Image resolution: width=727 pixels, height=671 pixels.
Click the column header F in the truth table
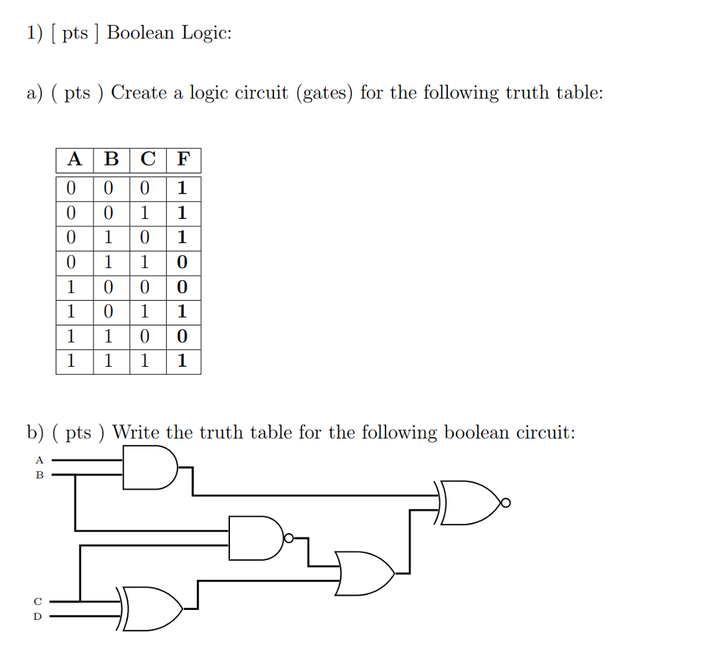[x=183, y=159]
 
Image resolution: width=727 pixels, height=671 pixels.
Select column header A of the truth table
[x=74, y=159]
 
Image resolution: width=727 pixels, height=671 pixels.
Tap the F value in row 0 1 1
[x=183, y=263]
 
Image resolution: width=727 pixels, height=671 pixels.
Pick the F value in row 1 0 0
[x=183, y=288]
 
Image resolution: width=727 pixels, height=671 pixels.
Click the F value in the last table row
[x=183, y=361]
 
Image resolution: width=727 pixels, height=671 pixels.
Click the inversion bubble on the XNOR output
[x=505, y=503]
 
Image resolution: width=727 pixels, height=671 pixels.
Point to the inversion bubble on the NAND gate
[x=288, y=538]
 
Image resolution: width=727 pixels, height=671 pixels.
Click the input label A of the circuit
[x=40, y=460]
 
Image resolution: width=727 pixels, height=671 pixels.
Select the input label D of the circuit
[x=40, y=616]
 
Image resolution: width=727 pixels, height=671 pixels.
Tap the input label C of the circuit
[x=40, y=601]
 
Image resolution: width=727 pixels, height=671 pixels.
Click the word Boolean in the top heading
[x=141, y=33]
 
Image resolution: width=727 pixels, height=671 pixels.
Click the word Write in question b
[x=136, y=432]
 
